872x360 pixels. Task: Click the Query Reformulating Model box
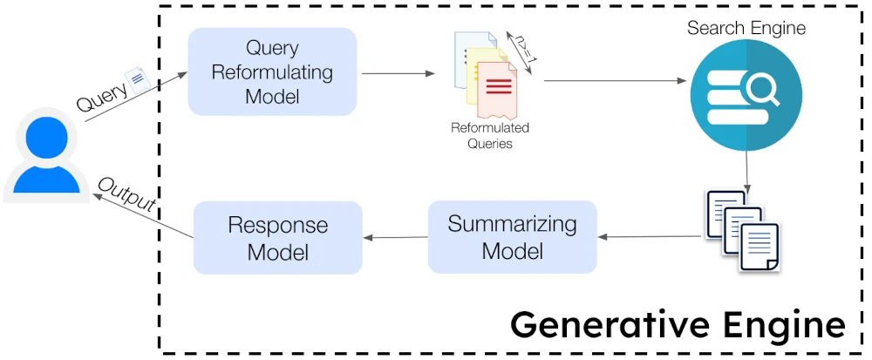pyautogui.click(x=272, y=71)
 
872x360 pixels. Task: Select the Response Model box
pyautogui.click(x=277, y=237)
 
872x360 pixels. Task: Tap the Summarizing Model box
pyautogui.click(x=512, y=237)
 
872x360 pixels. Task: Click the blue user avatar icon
pyautogui.click(x=47, y=155)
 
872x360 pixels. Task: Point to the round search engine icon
pyautogui.click(x=746, y=95)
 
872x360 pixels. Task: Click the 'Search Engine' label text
pyautogui.click(x=746, y=28)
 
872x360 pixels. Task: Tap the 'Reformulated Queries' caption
pyautogui.click(x=490, y=136)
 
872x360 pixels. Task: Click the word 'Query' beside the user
pyautogui.click(x=102, y=98)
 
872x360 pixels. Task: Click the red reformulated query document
pyautogui.click(x=497, y=91)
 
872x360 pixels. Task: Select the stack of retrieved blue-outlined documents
pyautogui.click(x=742, y=230)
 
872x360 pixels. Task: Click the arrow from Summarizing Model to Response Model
pyautogui.click(x=395, y=238)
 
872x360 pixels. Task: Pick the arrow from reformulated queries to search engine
pyautogui.click(x=616, y=81)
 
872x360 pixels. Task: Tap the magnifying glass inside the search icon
pyautogui.click(x=763, y=92)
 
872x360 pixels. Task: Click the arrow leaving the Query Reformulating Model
pyautogui.click(x=399, y=73)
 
